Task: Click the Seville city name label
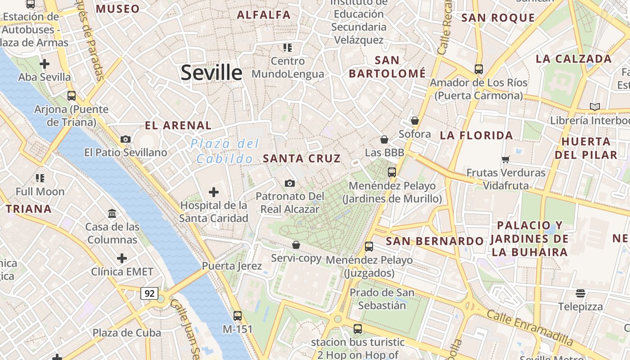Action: click(x=211, y=72)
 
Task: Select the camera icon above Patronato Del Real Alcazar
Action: click(x=290, y=183)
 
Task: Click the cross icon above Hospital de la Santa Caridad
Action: click(x=214, y=193)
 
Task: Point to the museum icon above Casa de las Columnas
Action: click(x=112, y=213)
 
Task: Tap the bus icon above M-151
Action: click(x=238, y=316)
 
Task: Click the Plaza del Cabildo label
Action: click(x=225, y=151)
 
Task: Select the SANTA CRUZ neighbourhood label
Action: click(x=301, y=158)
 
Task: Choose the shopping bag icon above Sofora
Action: click(x=415, y=121)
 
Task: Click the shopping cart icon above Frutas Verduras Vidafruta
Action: click(x=506, y=159)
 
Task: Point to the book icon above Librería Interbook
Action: click(x=595, y=107)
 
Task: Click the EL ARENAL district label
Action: click(x=178, y=126)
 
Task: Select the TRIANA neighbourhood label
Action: click(x=28, y=209)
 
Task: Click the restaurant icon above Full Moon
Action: click(x=40, y=178)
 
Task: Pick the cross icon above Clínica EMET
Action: click(x=122, y=258)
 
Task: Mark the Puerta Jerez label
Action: click(x=232, y=265)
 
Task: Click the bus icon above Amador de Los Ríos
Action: click(x=479, y=69)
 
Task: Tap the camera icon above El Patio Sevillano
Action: click(x=126, y=139)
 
